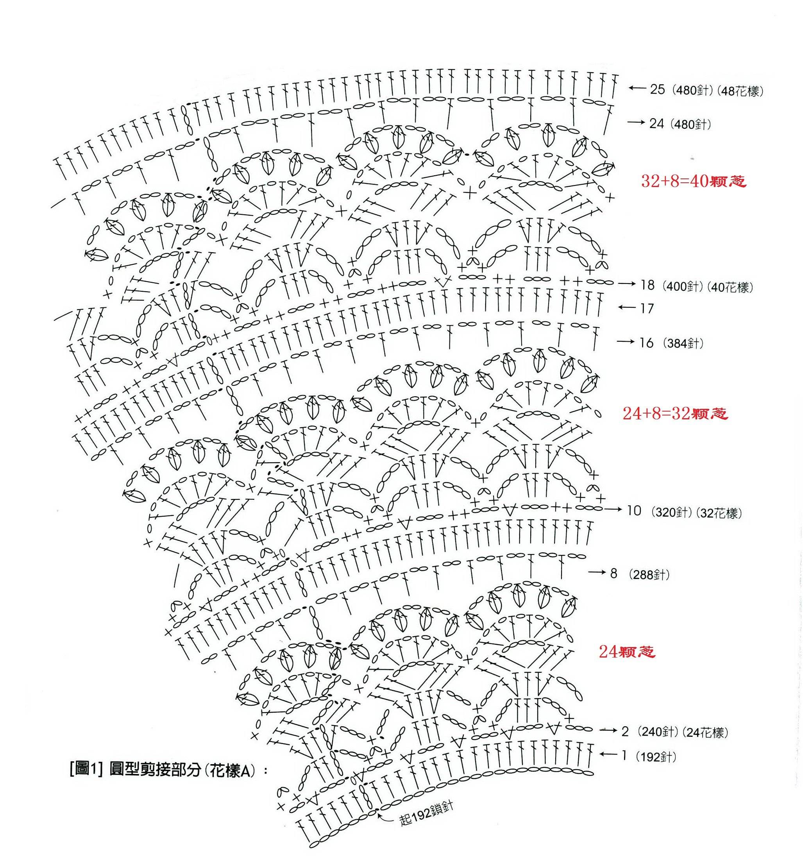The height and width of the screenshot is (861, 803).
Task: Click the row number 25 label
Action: pos(657,90)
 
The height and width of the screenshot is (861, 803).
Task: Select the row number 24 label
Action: pos(656,124)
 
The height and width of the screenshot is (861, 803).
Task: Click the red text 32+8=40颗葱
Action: pos(693,181)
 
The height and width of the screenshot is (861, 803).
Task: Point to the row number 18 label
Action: pos(647,285)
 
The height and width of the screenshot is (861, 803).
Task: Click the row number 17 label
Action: pos(647,308)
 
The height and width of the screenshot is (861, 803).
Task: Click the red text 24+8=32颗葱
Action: pos(675,414)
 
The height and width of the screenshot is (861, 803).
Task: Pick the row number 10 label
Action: pos(633,511)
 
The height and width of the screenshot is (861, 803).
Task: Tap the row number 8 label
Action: pos(613,574)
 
